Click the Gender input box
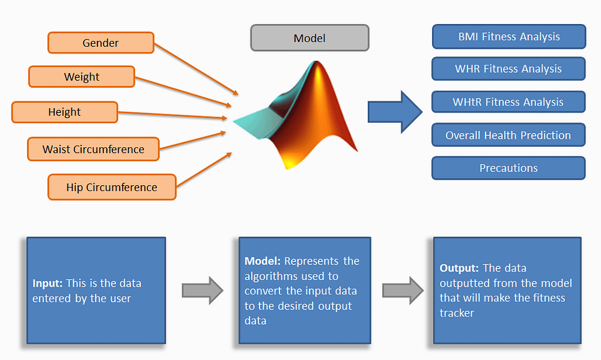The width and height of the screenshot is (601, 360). click(101, 43)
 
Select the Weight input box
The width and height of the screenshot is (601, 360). click(82, 77)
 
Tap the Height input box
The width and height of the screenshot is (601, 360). click(64, 112)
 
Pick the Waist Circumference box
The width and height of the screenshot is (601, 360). click(93, 149)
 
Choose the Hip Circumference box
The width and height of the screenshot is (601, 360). click(112, 187)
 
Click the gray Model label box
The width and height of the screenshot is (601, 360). click(310, 38)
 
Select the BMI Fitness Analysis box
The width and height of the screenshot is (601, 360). click(508, 37)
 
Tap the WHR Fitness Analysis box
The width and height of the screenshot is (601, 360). click(508, 69)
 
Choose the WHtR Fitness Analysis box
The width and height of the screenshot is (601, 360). click(508, 102)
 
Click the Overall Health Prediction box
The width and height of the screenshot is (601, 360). click(508, 135)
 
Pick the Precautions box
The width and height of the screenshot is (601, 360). click(508, 168)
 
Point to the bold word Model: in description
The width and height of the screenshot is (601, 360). click(263, 261)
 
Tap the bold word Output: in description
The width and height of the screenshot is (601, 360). click(459, 268)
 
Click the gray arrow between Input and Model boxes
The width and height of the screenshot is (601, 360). click(202, 291)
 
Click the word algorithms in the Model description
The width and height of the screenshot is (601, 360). click(269, 276)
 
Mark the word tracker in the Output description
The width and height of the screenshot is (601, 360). click(457, 313)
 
